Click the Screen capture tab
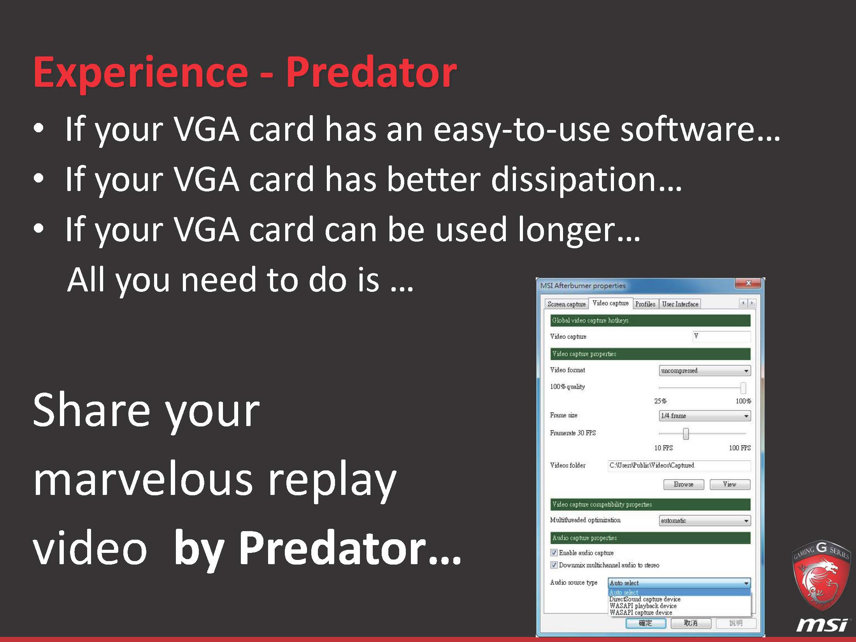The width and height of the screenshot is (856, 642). [x=566, y=304]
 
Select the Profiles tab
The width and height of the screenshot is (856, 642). [x=645, y=304]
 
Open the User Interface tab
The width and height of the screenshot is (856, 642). [x=680, y=304]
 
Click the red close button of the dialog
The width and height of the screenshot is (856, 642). [x=748, y=283]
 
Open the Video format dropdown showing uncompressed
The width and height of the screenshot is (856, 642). [x=705, y=370]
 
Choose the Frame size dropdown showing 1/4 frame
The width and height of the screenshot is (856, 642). [x=705, y=416]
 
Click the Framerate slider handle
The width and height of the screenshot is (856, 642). [x=686, y=433]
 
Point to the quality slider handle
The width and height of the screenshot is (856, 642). [x=743, y=388]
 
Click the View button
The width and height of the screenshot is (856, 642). [x=730, y=484]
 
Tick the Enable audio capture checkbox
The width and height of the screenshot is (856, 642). [x=554, y=553]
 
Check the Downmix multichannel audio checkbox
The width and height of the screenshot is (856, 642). [x=554, y=565]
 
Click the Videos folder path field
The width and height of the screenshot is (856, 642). [x=679, y=465]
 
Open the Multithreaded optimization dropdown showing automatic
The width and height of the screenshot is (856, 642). [x=705, y=521]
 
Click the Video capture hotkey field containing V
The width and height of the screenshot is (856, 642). [x=721, y=336]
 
